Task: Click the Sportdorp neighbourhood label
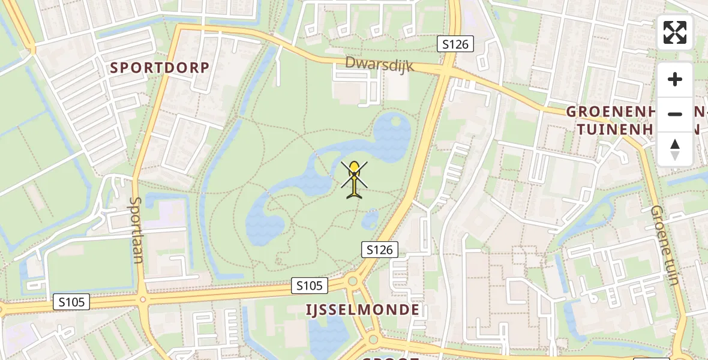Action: [x=160, y=68]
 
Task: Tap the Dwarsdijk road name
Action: [x=379, y=64]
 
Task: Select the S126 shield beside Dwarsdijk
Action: [x=455, y=44]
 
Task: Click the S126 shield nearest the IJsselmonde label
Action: [x=380, y=250]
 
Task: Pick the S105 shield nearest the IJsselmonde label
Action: [x=310, y=286]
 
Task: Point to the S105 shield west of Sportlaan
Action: [x=71, y=302]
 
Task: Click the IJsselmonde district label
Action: [x=362, y=310]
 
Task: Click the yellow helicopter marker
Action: [x=355, y=179]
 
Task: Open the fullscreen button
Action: [x=675, y=32]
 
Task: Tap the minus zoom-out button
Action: [x=675, y=114]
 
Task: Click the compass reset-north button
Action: [x=675, y=149]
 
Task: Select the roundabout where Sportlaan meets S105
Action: [x=143, y=298]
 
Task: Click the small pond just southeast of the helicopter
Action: [x=371, y=218]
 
